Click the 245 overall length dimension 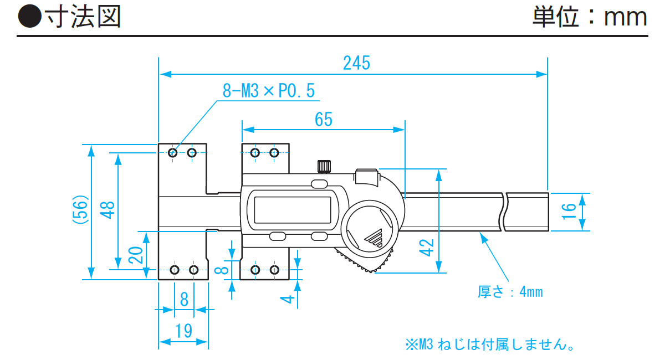[x=356, y=63]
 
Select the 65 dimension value [x=323, y=119]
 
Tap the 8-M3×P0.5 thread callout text [x=268, y=90]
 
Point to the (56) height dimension [x=80, y=209]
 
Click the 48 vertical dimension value [x=107, y=210]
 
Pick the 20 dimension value [x=136, y=255]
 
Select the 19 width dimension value [x=183, y=331]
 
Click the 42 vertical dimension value [x=426, y=248]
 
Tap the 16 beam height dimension [x=569, y=212]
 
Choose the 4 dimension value [x=287, y=299]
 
